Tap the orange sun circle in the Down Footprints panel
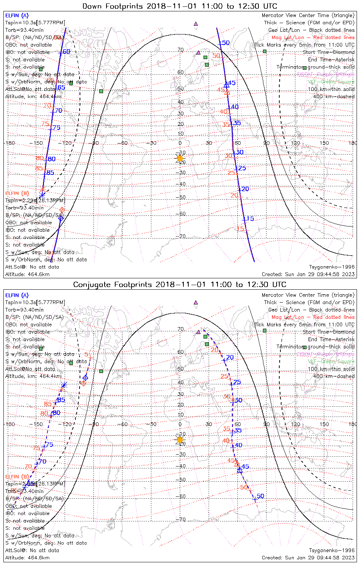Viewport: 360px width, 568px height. click(180, 158)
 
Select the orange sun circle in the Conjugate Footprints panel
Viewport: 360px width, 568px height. click(180, 440)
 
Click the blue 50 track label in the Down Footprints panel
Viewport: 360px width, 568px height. click(226, 43)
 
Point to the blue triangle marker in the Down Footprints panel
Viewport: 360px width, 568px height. click(226, 85)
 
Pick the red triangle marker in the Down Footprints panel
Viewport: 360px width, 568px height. click(227, 92)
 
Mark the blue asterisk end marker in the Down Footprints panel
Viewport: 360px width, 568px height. click(42, 195)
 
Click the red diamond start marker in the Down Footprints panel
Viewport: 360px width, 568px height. click(62, 210)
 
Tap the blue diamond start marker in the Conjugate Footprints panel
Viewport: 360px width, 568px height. click(85, 378)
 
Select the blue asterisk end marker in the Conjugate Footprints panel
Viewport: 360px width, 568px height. click(64, 385)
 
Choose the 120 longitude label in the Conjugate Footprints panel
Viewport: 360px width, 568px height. click(296, 424)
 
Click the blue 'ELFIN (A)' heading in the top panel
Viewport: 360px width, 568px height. click(17, 16)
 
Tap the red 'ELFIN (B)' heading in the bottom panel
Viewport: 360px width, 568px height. click(17, 476)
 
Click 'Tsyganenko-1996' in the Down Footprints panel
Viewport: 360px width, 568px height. click(332, 267)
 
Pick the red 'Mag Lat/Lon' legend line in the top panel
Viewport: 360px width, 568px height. click(313, 37)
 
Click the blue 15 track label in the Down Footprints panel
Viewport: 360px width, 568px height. click(250, 218)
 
